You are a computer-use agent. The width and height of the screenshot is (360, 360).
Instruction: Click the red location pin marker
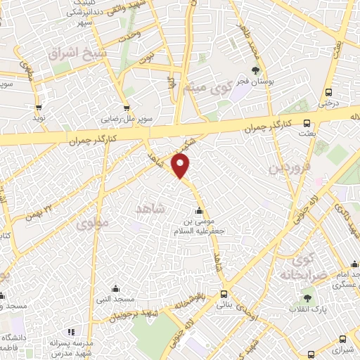click(181, 166)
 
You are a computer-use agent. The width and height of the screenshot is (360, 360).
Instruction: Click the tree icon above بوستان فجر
click(255, 70)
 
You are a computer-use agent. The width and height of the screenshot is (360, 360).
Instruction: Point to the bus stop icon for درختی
click(328, 93)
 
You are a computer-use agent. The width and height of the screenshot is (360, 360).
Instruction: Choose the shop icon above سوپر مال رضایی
click(127, 109)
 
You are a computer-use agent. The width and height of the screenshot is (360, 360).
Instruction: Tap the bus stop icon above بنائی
click(224, 294)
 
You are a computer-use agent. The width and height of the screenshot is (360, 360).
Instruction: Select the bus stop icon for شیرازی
click(342, 338)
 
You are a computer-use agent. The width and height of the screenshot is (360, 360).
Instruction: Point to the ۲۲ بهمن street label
click(38, 209)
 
